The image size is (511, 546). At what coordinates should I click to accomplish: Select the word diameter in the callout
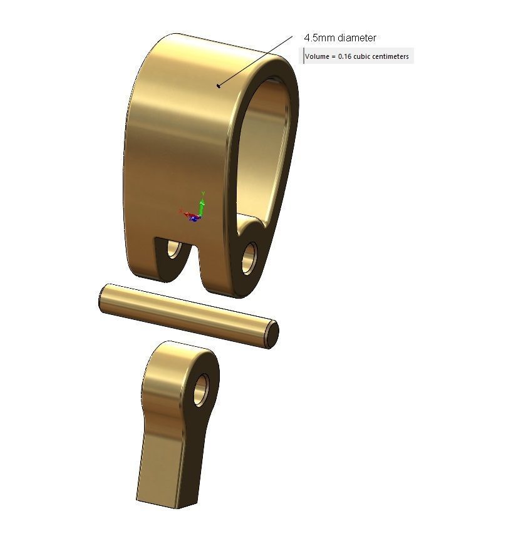click(x=356, y=38)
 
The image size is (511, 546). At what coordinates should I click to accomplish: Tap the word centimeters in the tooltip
click(x=390, y=57)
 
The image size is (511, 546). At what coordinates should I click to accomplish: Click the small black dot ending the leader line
click(x=218, y=86)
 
